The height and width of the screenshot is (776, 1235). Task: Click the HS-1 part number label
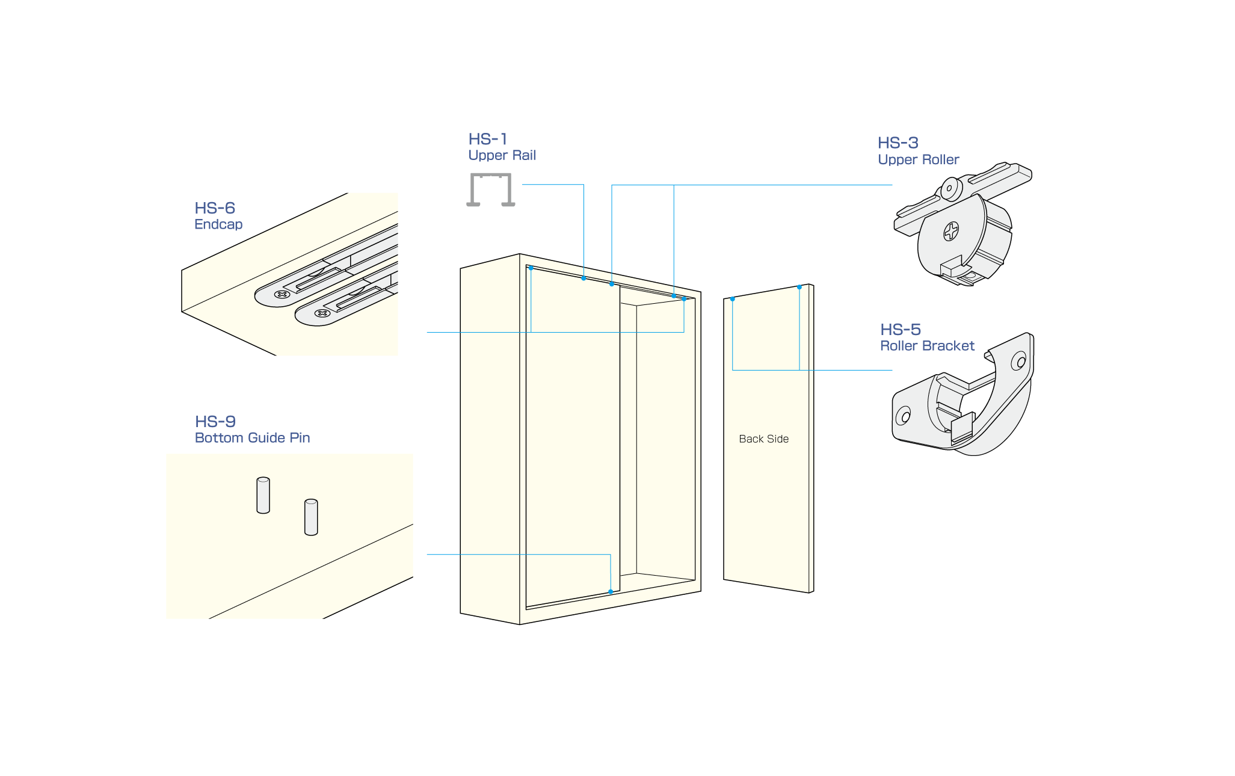click(488, 139)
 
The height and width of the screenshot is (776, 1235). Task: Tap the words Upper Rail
click(502, 155)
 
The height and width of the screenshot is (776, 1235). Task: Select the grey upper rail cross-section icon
click(491, 189)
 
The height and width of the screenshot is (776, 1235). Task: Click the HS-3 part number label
click(898, 143)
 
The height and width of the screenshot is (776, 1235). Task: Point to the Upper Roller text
click(918, 159)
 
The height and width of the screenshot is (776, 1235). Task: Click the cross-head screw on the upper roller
click(951, 230)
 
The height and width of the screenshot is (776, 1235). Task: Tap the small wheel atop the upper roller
click(951, 188)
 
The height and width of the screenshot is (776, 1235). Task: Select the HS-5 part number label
click(900, 330)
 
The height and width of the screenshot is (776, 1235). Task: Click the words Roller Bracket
click(927, 346)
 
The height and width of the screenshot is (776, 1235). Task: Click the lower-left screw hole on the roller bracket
click(904, 416)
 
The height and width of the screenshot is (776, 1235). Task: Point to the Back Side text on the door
click(763, 439)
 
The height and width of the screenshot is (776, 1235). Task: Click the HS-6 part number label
click(214, 208)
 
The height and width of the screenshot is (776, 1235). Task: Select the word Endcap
click(218, 224)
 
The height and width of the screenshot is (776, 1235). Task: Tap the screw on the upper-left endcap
click(281, 294)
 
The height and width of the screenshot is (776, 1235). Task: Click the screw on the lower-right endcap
click(322, 313)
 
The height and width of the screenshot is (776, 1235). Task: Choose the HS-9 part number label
click(215, 422)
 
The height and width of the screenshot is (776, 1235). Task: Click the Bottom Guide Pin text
click(252, 438)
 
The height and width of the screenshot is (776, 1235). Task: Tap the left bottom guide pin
click(263, 496)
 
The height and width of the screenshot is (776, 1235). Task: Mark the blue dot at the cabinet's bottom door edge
click(611, 592)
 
